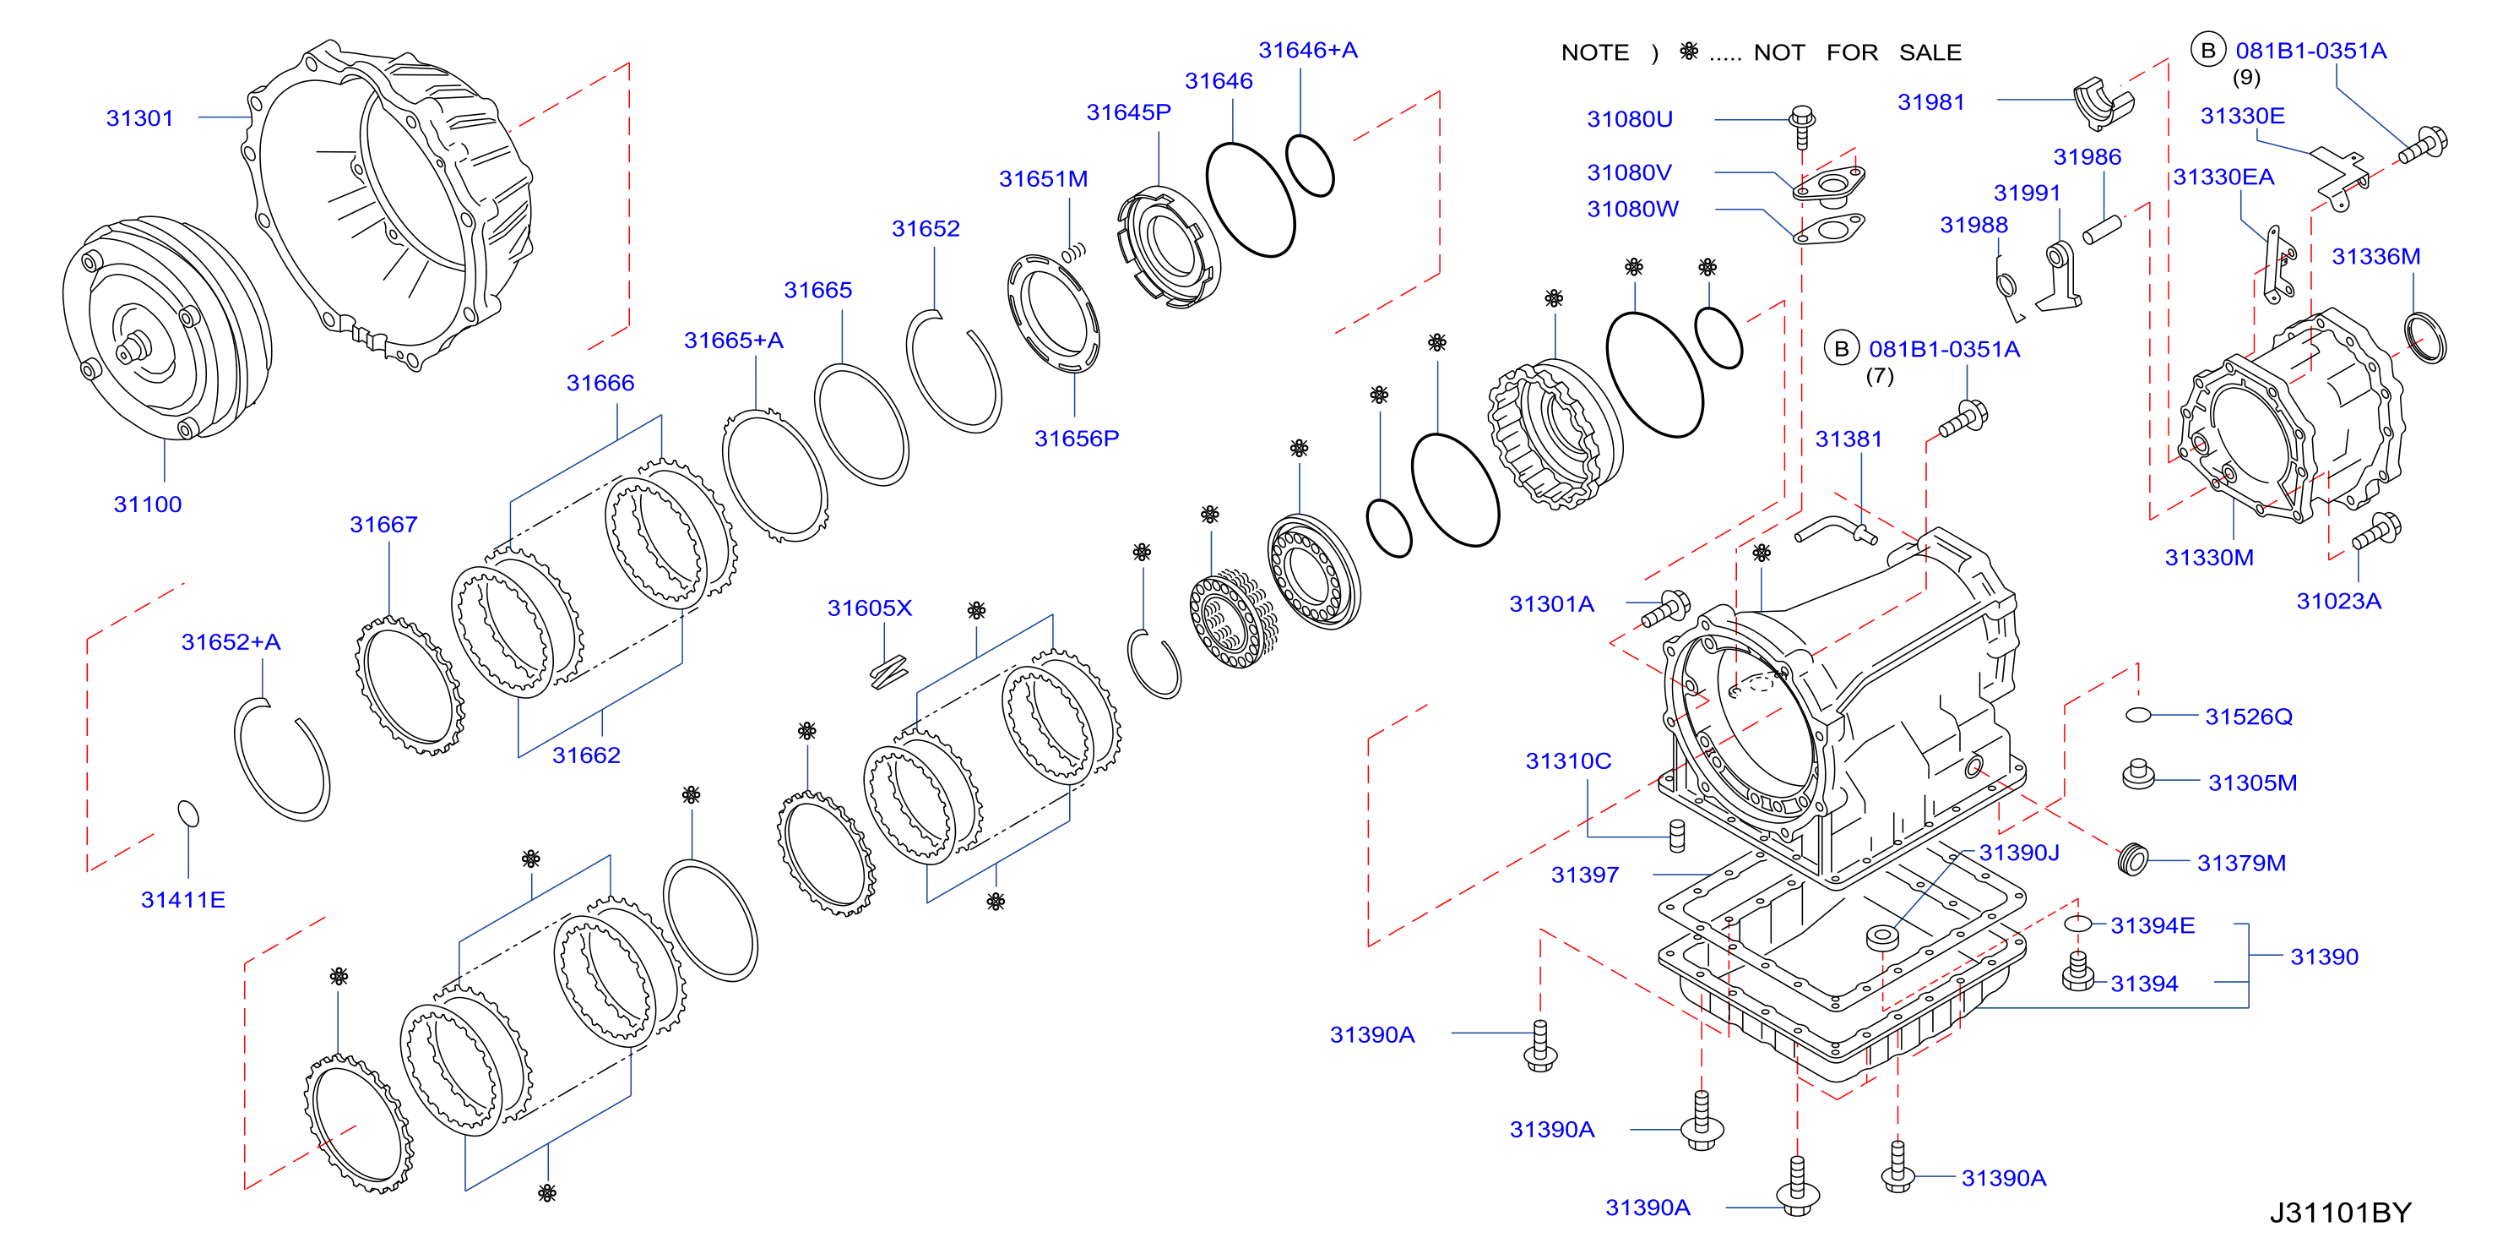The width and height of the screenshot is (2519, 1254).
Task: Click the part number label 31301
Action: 140,118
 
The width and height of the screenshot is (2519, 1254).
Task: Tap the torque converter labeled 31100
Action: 167,328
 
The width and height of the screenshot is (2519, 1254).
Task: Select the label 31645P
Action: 1128,112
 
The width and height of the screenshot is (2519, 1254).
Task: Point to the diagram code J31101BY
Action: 2340,1213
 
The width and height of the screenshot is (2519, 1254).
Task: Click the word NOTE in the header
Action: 1595,53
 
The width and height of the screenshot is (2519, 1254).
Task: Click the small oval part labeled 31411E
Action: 187,813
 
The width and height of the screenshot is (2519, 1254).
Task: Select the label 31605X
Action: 869,608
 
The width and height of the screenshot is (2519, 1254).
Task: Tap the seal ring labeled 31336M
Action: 2425,336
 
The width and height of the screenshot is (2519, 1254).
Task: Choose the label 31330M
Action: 2209,558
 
